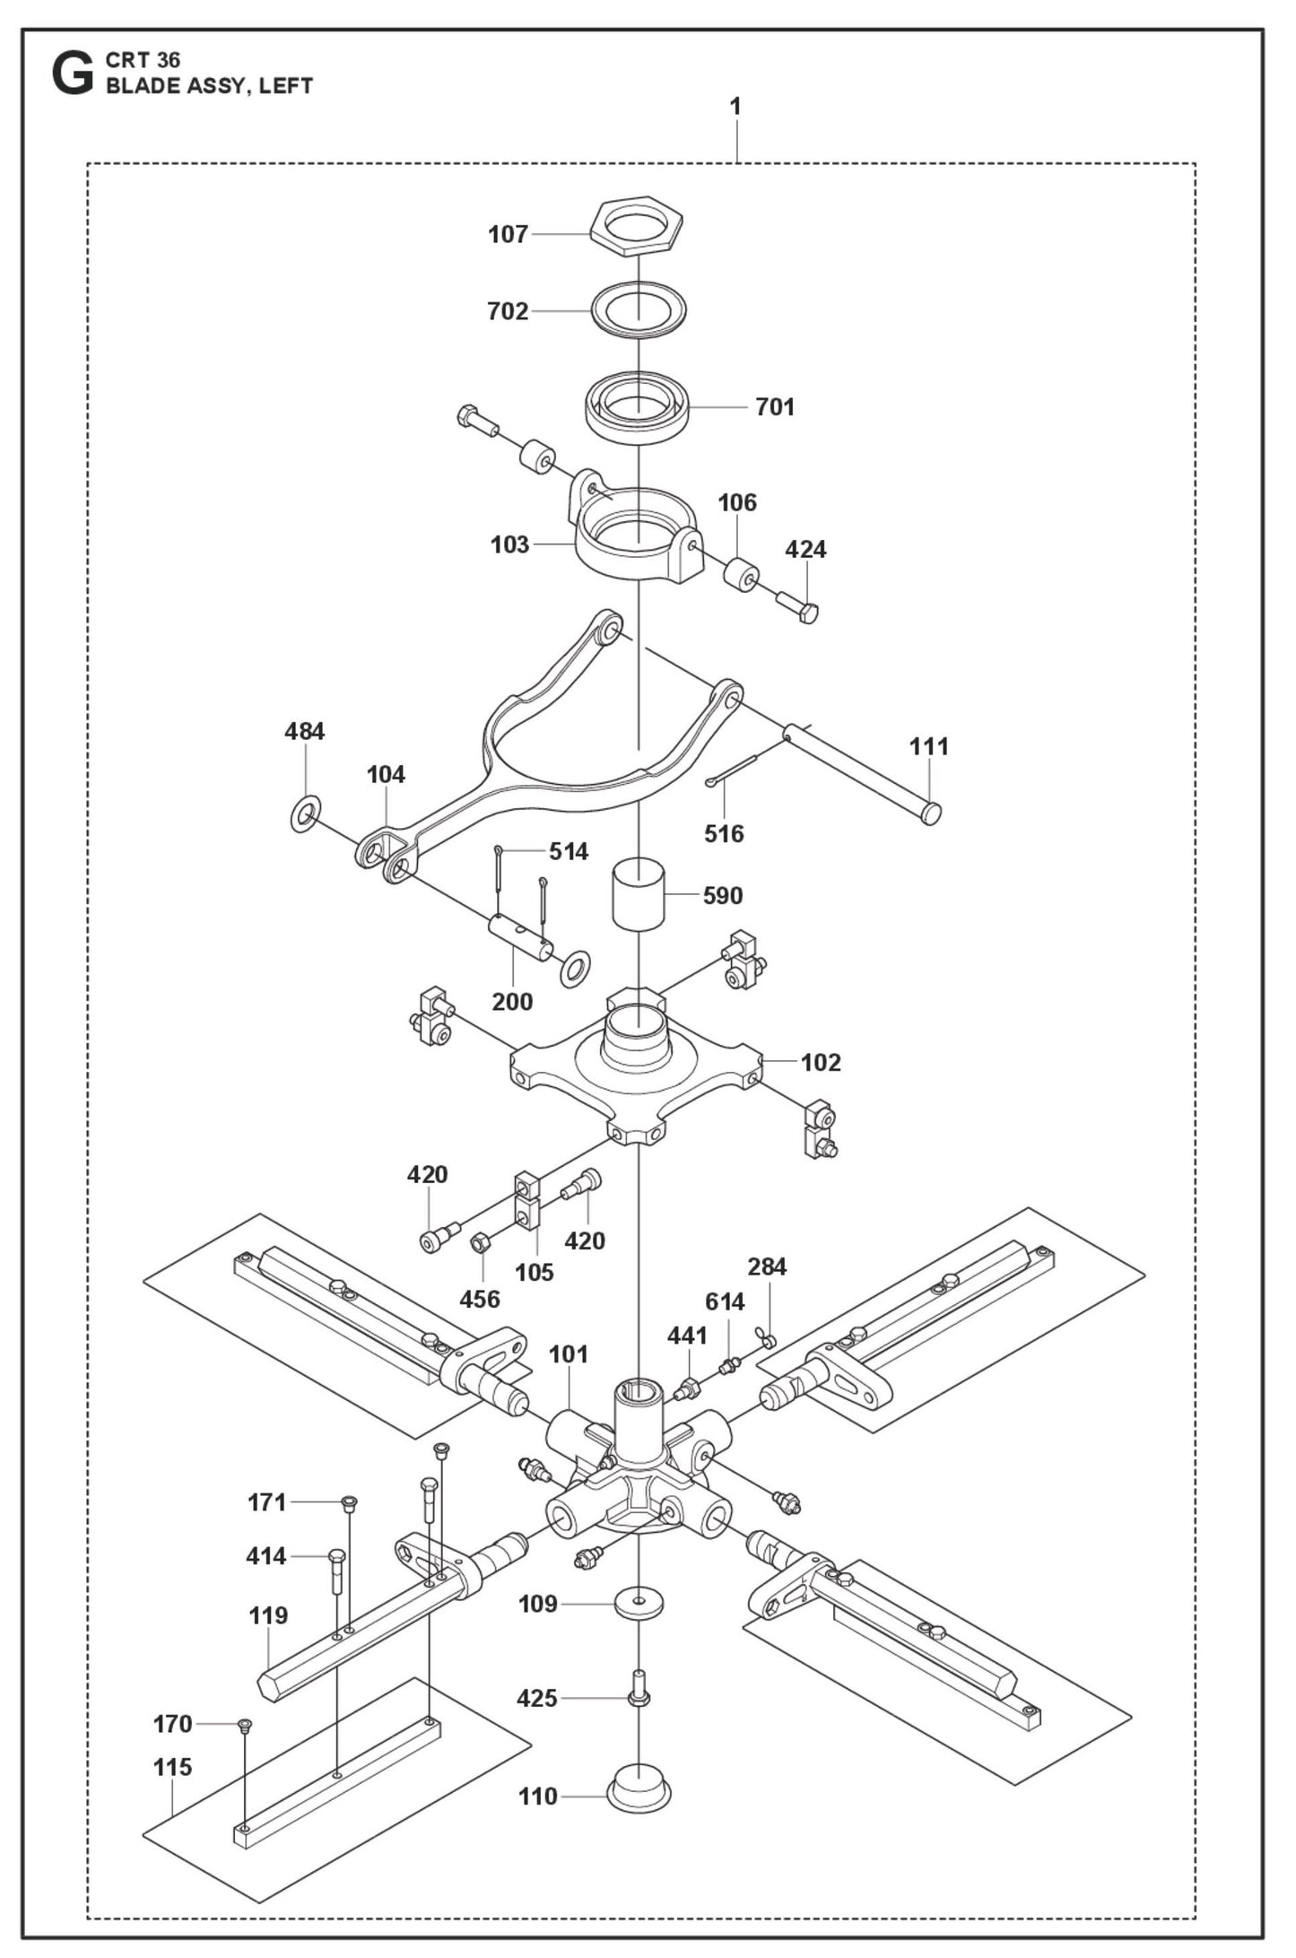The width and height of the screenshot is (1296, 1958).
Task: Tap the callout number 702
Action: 508,311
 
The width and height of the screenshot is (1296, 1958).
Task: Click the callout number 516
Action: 724,833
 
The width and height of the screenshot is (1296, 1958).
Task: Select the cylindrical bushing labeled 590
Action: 638,893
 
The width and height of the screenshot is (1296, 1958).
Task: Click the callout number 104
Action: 386,774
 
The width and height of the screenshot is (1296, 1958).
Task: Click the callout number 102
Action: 821,1062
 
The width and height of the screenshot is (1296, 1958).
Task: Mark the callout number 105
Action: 535,1272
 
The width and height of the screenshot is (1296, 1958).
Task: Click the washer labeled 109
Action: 638,1602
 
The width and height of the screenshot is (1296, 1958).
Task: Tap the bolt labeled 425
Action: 639,1693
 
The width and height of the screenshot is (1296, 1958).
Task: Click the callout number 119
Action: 268,1615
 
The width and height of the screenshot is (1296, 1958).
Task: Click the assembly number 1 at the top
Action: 735,106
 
